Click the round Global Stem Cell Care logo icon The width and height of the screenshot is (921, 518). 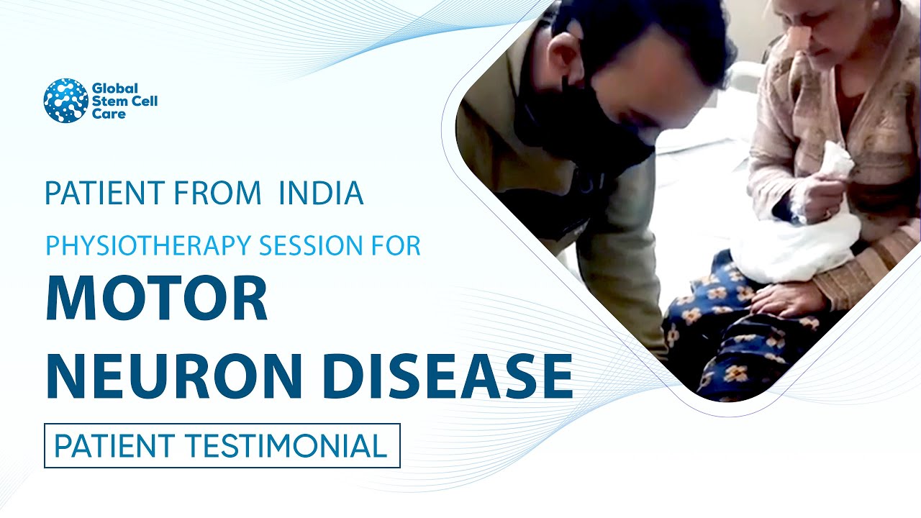point(65,101)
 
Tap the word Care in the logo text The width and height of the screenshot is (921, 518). point(106,114)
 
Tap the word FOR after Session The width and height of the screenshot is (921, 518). point(399,246)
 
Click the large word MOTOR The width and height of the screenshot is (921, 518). point(156,299)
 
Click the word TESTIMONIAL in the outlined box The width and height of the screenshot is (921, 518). point(289,446)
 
